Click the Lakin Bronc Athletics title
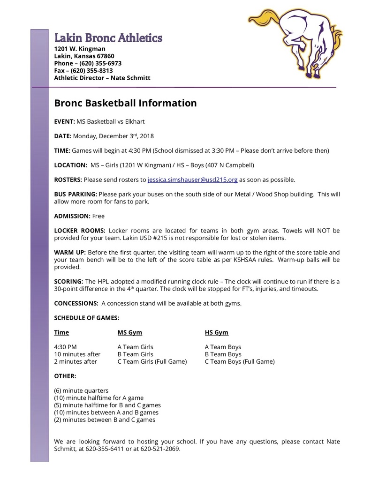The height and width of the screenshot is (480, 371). [x=108, y=38]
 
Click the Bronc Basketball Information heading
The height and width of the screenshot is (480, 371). [x=125, y=103]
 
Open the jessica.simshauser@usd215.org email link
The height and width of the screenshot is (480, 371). [x=192, y=180]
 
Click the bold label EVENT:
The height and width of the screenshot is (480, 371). [x=64, y=121]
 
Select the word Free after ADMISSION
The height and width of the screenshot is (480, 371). [x=98, y=216]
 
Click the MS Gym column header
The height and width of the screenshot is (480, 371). [x=129, y=332]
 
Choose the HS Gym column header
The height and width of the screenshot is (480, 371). [x=217, y=332]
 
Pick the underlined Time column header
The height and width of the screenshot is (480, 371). [x=61, y=332]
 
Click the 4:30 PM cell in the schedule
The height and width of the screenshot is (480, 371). [x=65, y=347]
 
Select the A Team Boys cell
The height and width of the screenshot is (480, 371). [x=223, y=347]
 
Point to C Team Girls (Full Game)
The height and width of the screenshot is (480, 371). [x=152, y=362]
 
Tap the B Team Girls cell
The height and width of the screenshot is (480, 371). [x=135, y=354]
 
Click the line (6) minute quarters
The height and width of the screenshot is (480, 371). [x=81, y=390]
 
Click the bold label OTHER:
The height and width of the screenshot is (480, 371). [x=65, y=376]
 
